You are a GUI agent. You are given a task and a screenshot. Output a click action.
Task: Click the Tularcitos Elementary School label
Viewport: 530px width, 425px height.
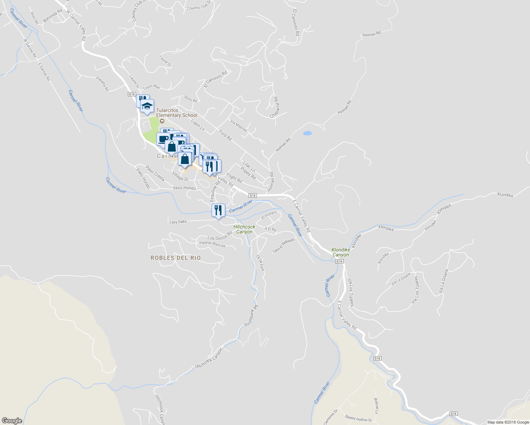176,113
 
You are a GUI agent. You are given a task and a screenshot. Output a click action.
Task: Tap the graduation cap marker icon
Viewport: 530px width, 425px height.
147,106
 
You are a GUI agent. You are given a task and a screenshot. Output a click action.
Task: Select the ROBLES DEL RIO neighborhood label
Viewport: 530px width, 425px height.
176,258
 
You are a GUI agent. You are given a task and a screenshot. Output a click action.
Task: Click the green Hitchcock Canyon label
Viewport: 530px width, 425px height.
244,229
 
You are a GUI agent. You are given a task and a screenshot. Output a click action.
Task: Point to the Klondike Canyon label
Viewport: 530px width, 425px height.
340,252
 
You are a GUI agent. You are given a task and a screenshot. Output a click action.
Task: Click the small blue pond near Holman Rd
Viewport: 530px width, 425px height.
307,133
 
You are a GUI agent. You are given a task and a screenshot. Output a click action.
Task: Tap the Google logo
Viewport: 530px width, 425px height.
12,420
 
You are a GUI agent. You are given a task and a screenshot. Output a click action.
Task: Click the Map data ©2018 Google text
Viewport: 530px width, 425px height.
508,422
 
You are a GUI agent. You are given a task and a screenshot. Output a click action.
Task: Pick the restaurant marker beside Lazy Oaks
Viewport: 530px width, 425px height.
218,210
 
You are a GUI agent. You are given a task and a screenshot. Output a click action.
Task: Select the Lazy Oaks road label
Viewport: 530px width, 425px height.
178,222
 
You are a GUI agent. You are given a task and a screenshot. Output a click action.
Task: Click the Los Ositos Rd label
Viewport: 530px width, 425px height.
220,236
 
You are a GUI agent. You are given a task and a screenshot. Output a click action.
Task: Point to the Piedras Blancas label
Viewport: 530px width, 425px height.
212,244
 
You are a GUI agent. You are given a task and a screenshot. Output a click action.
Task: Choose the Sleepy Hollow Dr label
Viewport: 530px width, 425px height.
359,419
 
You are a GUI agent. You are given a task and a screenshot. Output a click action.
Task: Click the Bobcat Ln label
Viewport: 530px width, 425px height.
376,406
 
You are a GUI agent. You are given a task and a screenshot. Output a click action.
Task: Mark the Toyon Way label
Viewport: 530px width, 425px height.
151,87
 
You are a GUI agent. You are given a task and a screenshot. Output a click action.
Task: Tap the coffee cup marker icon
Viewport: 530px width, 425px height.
163,139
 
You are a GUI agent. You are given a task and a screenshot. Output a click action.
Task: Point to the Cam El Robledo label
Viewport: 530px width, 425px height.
283,245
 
